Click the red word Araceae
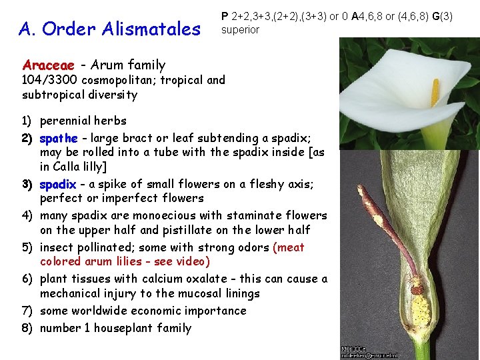(x=49, y=65)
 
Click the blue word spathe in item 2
(x=59, y=138)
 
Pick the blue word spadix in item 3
(x=58, y=183)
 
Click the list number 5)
(x=27, y=247)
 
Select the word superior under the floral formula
(x=240, y=29)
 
